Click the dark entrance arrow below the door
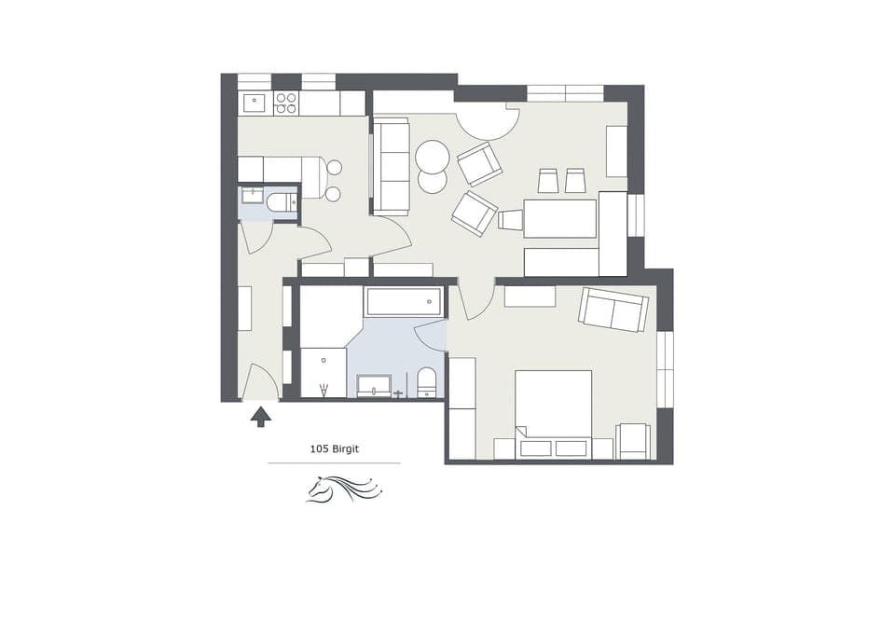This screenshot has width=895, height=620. (x=261, y=416)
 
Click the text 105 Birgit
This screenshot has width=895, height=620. (x=334, y=449)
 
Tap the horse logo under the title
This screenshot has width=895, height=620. (x=344, y=488)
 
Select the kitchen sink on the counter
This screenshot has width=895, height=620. (x=255, y=103)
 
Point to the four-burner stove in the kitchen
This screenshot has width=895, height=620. (x=285, y=103)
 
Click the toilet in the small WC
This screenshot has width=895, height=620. (x=281, y=201)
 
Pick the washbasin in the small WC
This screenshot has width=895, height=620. (x=253, y=196)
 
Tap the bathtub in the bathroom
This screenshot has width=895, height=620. (x=403, y=301)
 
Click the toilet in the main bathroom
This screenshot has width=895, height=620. (x=426, y=381)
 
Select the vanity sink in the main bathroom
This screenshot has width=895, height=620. (x=374, y=386)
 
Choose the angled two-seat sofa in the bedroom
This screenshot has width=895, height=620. (x=613, y=310)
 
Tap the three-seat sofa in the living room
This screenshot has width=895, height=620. (x=391, y=166)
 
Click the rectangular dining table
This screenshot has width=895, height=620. (x=559, y=218)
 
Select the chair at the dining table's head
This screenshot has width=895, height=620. (x=510, y=220)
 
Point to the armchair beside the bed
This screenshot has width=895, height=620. (x=633, y=441)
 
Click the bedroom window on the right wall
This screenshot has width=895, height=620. (x=665, y=369)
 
